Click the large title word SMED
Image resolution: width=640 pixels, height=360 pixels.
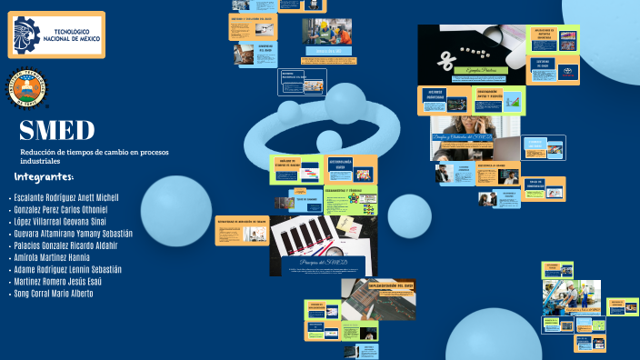point(56,130)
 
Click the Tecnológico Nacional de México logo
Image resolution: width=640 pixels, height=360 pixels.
point(56,35)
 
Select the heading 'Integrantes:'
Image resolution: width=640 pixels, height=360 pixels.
point(45,176)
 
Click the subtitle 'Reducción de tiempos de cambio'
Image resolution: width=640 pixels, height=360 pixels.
point(83,152)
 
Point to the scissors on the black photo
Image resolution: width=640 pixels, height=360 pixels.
point(446,61)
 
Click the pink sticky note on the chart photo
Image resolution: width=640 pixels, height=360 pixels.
point(345,224)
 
